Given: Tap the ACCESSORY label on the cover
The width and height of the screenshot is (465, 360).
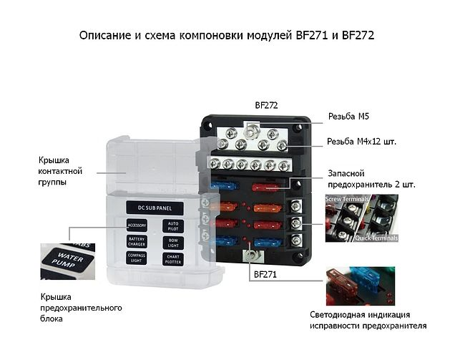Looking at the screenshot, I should (137, 225).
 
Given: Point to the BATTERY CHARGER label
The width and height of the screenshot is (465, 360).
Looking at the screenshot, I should (137, 242).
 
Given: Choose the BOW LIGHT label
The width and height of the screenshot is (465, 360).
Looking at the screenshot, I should (172, 242).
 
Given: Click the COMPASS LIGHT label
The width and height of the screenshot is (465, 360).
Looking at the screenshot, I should (137, 258).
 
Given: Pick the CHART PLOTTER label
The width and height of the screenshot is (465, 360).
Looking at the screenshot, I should (172, 258).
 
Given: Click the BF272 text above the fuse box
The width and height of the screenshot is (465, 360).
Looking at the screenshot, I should (266, 104).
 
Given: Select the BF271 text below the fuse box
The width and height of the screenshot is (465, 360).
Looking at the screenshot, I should (264, 273).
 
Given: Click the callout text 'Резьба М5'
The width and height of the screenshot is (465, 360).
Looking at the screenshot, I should (348, 116).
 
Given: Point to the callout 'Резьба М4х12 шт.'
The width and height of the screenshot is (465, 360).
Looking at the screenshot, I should (361, 142).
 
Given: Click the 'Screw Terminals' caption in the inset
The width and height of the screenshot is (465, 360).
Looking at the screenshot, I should (347, 198).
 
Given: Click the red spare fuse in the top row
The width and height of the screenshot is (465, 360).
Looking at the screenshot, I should (267, 187).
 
